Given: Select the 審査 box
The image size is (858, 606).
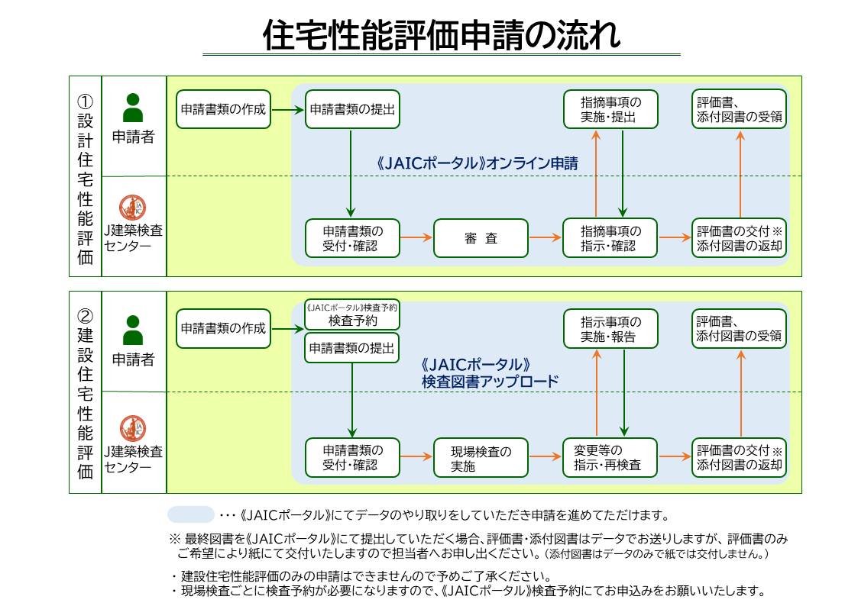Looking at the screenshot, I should click(x=481, y=238).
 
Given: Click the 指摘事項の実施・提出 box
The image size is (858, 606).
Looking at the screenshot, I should click(x=610, y=110).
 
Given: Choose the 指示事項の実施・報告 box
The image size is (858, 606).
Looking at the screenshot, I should click(x=610, y=329).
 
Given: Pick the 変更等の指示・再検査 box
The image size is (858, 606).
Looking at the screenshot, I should click(x=610, y=457).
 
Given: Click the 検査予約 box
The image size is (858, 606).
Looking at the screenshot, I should click(x=352, y=315).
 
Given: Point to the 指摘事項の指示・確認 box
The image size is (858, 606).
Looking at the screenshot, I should click(x=610, y=238).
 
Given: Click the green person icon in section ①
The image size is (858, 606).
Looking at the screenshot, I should click(x=134, y=108).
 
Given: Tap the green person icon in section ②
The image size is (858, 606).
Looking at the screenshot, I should click(x=134, y=330).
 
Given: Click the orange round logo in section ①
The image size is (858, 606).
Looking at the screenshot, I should click(x=134, y=208).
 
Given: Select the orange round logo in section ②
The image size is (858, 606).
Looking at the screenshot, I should click(x=134, y=427).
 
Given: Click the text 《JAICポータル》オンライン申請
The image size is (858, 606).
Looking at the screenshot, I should click(x=477, y=163).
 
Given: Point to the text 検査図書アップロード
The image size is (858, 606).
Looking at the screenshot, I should click(x=490, y=381).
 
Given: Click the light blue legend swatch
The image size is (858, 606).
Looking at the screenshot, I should click(x=191, y=514).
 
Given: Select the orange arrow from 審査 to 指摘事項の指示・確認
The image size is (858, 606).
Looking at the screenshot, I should click(x=545, y=237).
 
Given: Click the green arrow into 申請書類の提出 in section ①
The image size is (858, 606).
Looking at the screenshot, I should click(x=287, y=110).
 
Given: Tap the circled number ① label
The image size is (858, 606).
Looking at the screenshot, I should click(x=85, y=102).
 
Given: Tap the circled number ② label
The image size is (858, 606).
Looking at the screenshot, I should click(x=85, y=315).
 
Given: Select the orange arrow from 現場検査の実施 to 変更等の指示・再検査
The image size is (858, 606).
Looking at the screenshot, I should click(x=545, y=457).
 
